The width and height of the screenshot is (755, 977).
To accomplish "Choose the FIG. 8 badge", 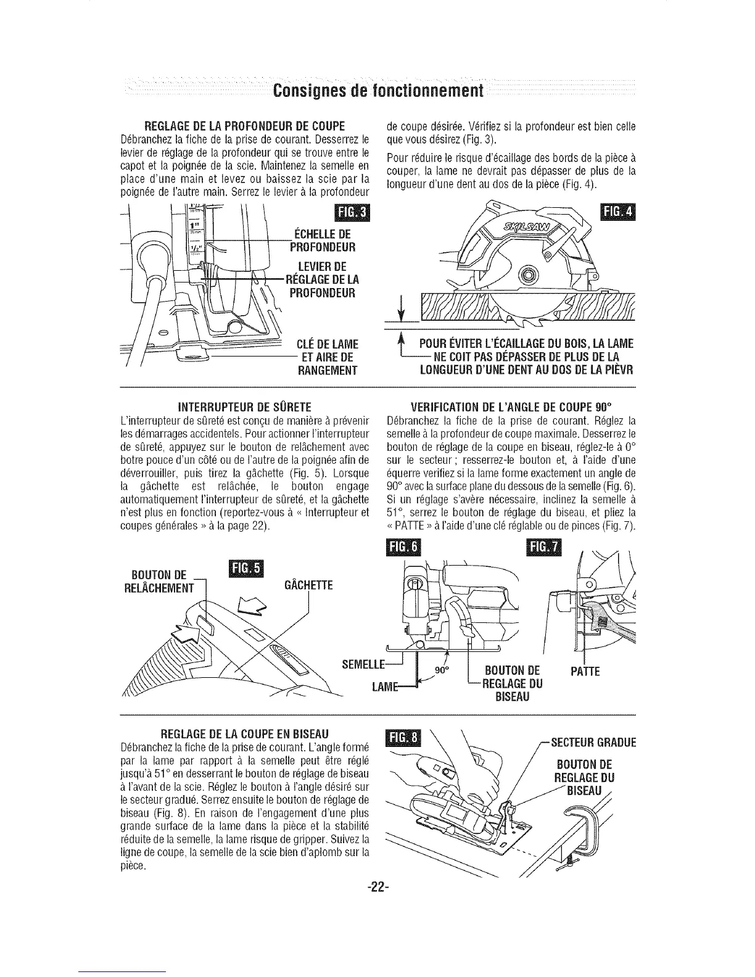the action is click(401, 739).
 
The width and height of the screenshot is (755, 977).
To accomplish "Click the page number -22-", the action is click(376, 887).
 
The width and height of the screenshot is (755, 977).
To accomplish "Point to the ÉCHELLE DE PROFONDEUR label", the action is click(320, 241).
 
